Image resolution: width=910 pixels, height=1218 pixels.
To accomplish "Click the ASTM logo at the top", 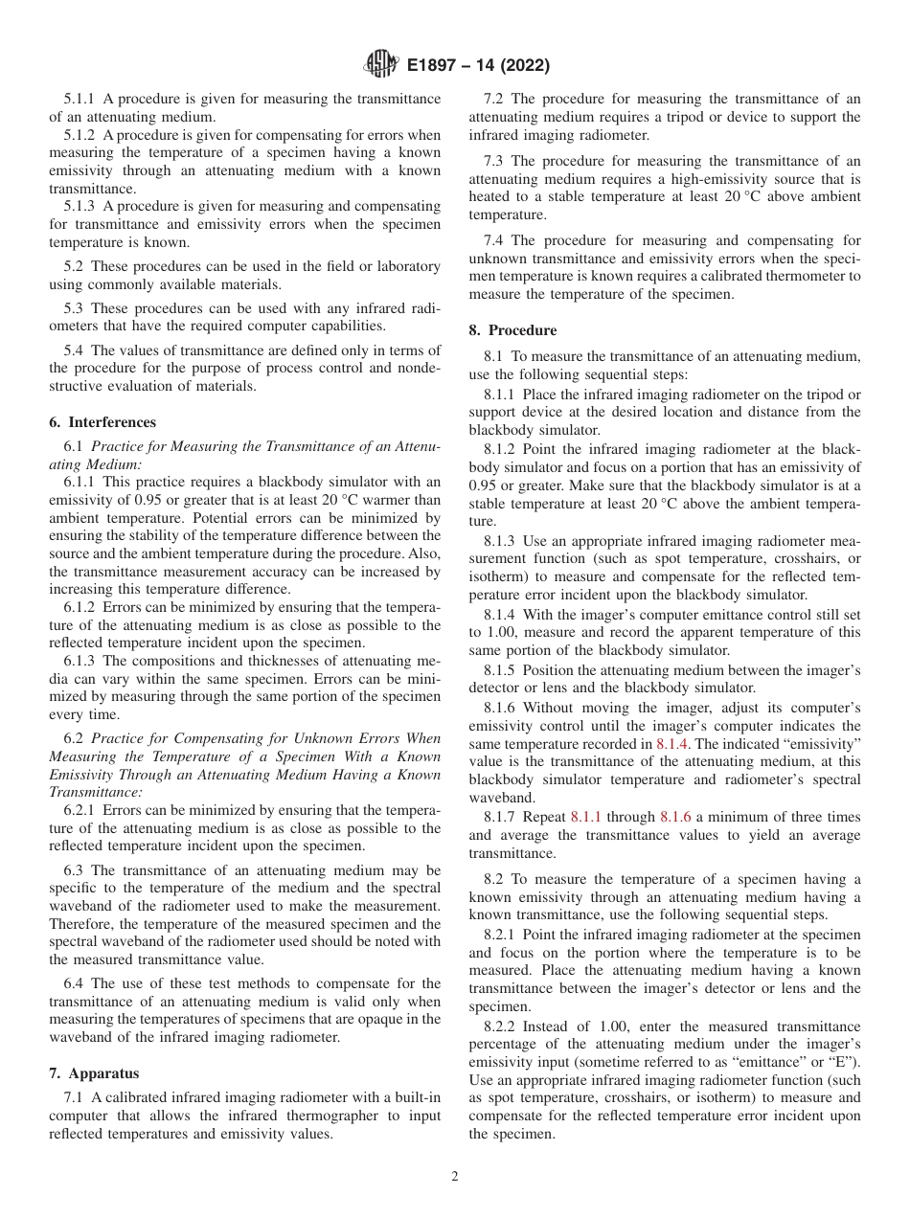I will coord(380,65).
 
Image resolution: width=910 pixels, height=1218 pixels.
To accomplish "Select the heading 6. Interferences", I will coord(102,421).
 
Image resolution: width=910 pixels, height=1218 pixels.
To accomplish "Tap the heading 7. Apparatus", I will coord(94,1073).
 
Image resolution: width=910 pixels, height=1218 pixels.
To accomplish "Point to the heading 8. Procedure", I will coord(512,330).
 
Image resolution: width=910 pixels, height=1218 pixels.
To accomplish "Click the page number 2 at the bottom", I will coord(455,1177).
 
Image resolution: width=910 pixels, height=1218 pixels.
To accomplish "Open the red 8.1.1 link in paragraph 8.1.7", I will coord(585,817).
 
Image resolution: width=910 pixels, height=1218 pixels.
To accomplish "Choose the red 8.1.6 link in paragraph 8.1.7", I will coord(675,817).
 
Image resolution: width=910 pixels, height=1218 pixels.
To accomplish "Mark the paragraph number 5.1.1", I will coord(80,99).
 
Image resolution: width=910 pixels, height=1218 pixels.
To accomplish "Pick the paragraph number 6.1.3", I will coord(80,662).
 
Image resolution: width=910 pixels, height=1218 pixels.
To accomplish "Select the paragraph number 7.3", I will coord(495,161).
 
